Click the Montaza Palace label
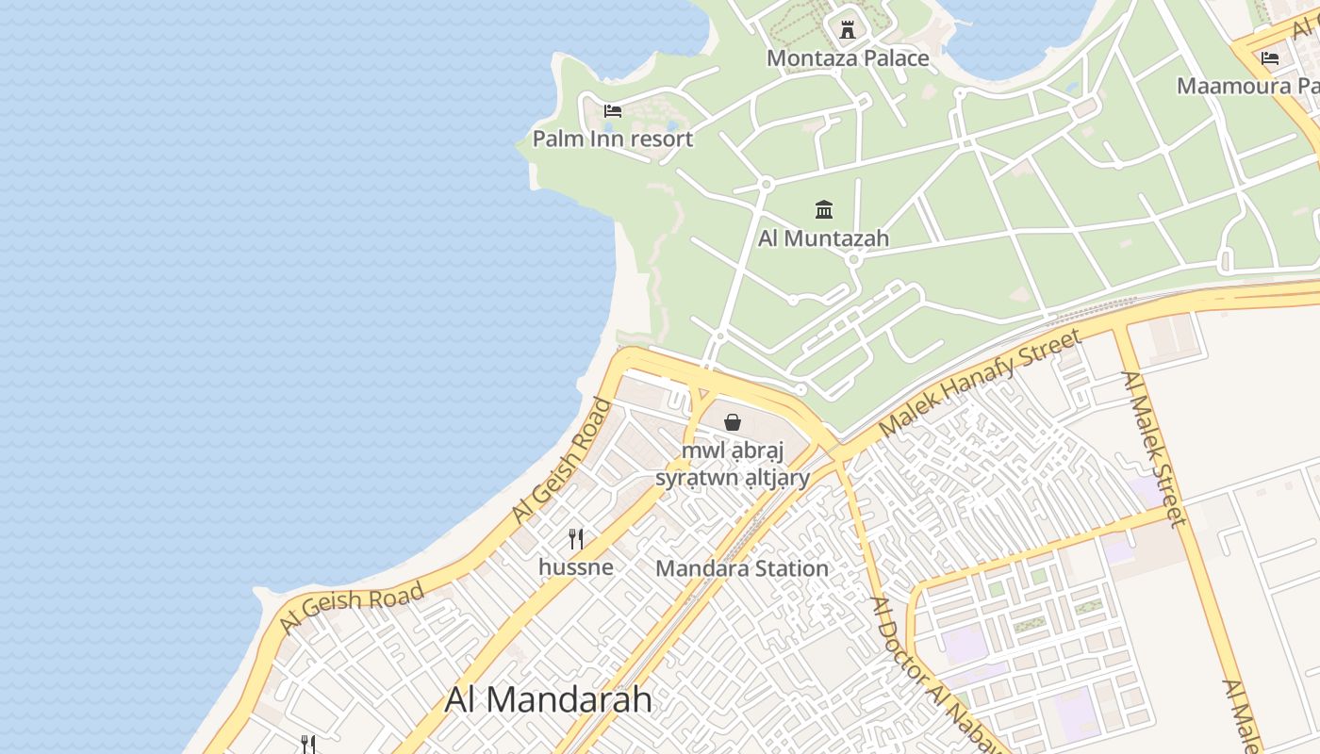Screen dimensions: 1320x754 pos(848,58)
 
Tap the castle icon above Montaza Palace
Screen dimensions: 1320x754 pos(848,29)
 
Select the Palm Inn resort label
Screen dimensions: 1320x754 pos(613,139)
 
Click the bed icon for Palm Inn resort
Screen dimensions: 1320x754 pos(613,111)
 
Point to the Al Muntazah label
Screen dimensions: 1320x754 pos(823,238)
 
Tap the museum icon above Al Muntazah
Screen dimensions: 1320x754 pos(824,209)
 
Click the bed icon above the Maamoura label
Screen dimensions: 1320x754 pos(1270,58)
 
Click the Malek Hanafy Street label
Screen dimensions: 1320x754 pos(981,383)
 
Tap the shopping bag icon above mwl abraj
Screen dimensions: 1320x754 pos(733,422)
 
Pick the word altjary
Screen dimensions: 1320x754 pos(776,478)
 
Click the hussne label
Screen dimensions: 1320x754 pos(576,567)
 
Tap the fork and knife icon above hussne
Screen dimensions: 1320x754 pos(576,539)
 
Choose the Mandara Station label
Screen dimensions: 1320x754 pos(742,568)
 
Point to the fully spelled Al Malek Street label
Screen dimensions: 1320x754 pos(1153,449)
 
